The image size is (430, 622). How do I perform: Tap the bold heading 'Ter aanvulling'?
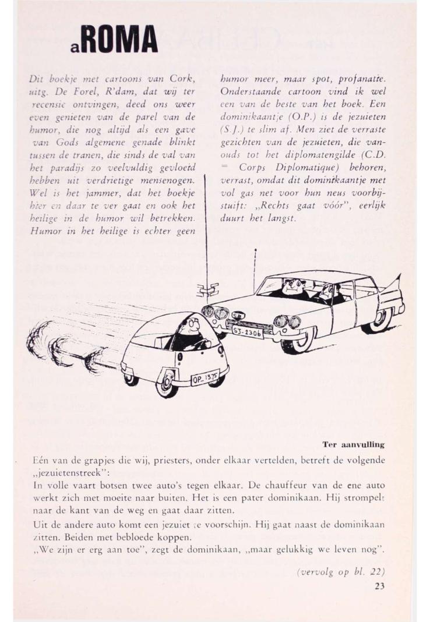(354, 444)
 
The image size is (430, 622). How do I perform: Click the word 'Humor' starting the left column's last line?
(44, 219)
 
